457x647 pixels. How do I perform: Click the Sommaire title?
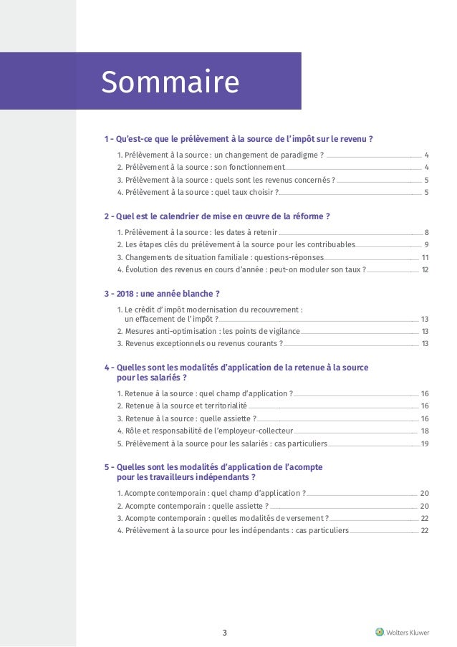click(x=170, y=82)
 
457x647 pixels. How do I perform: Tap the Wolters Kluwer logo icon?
click(x=379, y=631)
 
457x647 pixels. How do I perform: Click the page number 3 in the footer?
click(x=224, y=632)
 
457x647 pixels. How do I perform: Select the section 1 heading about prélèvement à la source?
click(x=239, y=139)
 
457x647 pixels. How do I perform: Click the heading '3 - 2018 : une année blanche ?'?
click(x=162, y=294)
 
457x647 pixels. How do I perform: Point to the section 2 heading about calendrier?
click(x=217, y=216)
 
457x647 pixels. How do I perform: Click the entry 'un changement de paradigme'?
click(x=221, y=155)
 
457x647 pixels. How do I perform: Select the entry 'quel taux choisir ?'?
click(x=198, y=192)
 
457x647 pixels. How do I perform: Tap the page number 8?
click(x=426, y=232)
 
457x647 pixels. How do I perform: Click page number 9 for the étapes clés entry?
click(x=426, y=245)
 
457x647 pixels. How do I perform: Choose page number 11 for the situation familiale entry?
click(x=425, y=257)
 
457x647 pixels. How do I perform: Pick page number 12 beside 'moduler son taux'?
click(x=425, y=269)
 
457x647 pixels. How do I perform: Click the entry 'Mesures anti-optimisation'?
click(x=208, y=331)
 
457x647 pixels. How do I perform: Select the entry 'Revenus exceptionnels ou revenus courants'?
click(x=200, y=343)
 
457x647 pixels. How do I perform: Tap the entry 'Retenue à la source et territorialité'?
click(x=182, y=406)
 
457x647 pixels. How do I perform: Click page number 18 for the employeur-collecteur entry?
click(x=425, y=431)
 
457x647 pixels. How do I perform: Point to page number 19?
click(x=425, y=444)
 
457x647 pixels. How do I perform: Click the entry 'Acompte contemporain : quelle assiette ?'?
click(x=193, y=506)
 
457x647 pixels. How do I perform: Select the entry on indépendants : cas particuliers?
click(x=233, y=530)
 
